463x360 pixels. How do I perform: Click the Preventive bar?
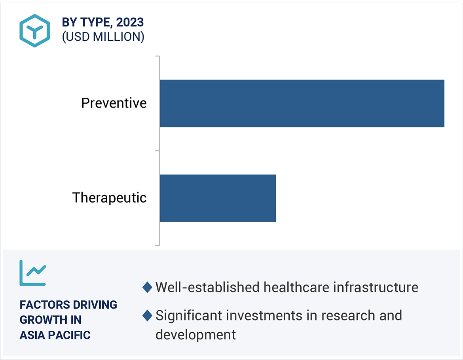point(302,103)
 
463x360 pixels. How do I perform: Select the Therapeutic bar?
point(218,198)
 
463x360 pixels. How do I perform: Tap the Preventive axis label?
point(114,103)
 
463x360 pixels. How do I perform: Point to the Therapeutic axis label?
point(109,197)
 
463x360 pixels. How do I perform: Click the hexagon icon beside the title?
point(35,30)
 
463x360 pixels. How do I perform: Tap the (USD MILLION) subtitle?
point(103,37)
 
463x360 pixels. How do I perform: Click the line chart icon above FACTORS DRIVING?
point(33,273)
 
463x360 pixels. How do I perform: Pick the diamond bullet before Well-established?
point(147,288)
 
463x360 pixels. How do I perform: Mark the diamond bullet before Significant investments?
point(147,316)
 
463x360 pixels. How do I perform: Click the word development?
point(195,335)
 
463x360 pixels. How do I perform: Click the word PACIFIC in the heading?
point(69,335)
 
